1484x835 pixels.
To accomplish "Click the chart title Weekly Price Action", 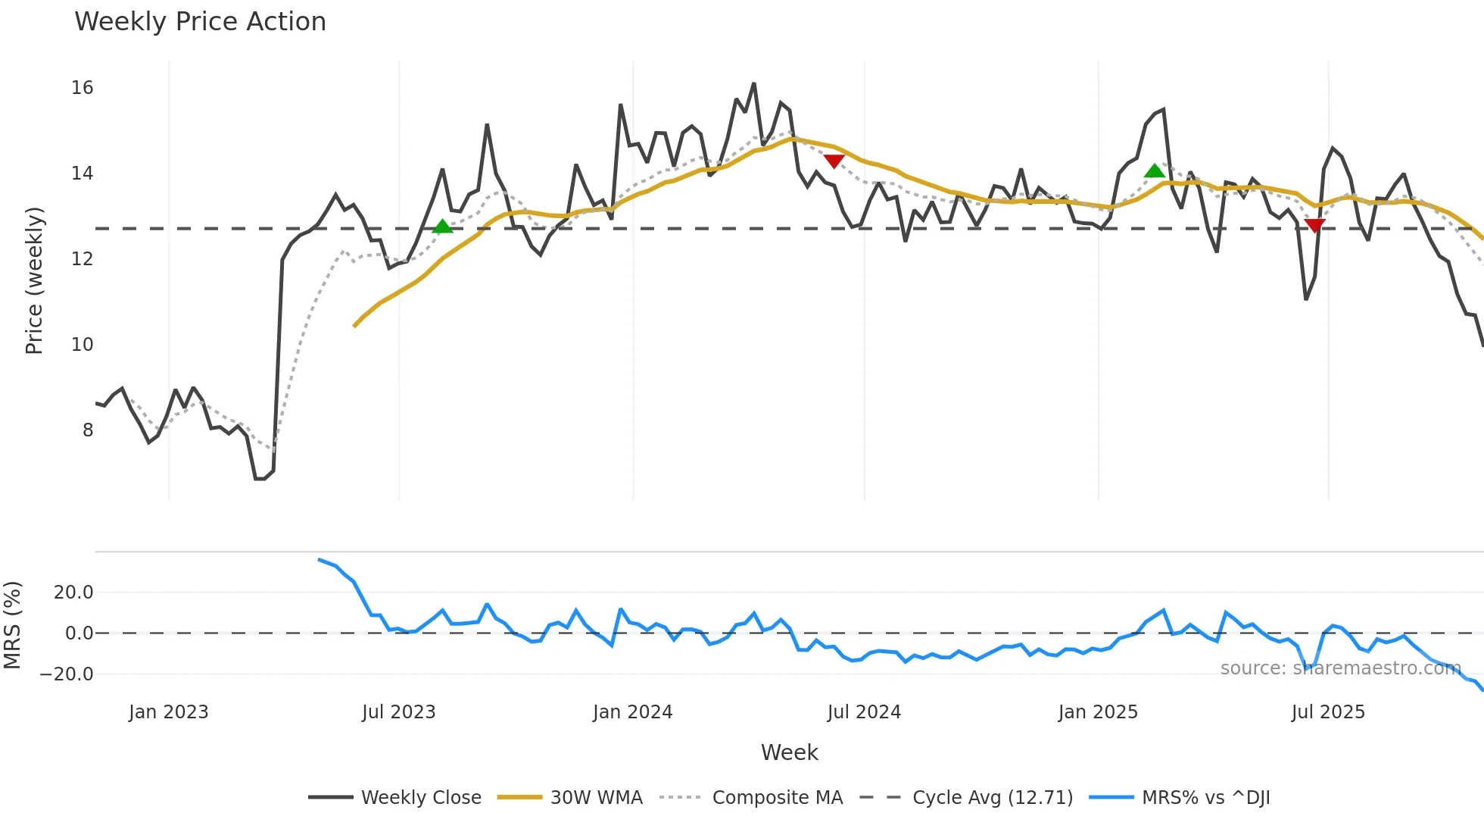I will [200, 22].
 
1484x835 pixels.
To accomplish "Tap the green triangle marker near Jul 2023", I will [442, 227].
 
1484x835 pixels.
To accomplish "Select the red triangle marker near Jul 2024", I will [834, 161].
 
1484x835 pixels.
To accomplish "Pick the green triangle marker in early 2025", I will [1154, 171].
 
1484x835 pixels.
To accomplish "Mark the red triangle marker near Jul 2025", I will [1315, 225].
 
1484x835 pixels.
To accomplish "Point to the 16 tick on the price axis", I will [82, 88].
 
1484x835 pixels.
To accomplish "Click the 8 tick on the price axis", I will [88, 430].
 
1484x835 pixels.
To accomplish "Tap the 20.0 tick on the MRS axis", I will [73, 593].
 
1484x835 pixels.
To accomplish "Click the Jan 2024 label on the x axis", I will [632, 712].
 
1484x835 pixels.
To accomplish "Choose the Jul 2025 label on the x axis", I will [1328, 712].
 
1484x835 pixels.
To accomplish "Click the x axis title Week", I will [789, 752].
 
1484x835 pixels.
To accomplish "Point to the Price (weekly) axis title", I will [34, 280].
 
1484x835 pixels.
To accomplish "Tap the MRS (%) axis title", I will [13, 625].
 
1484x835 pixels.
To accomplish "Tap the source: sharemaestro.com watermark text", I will [1340, 668].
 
